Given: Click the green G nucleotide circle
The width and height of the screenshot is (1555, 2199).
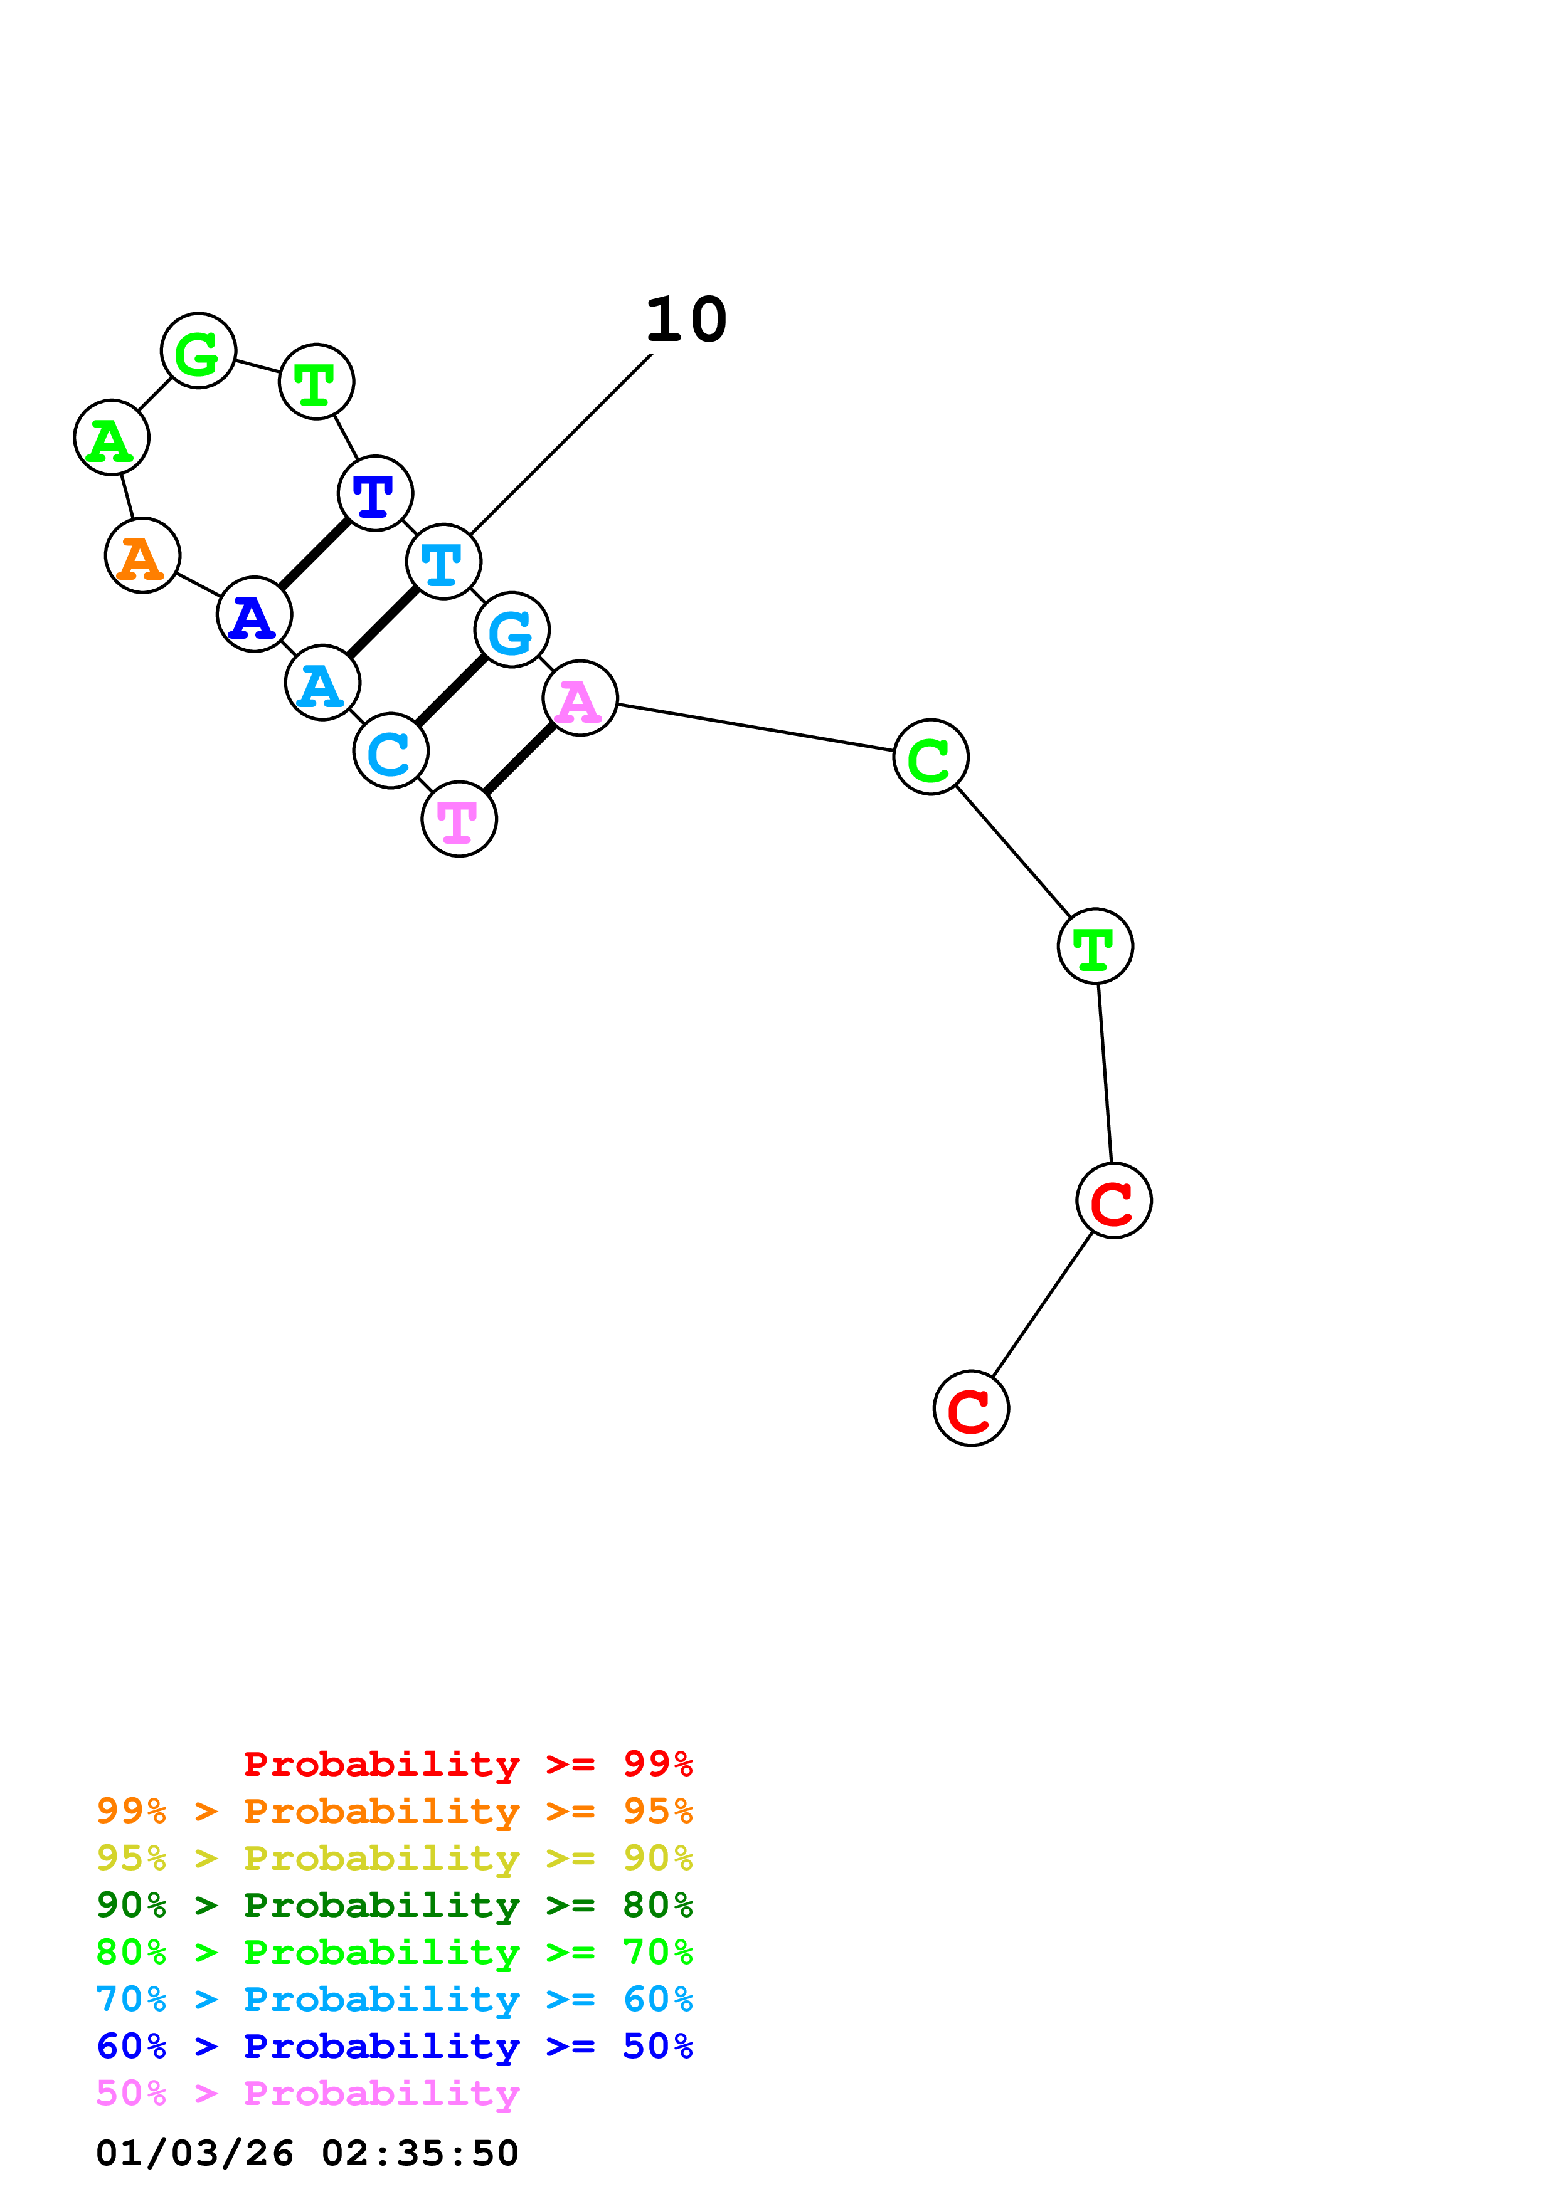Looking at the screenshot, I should pos(198,350).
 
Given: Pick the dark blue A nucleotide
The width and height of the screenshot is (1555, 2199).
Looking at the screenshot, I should pos(254,614).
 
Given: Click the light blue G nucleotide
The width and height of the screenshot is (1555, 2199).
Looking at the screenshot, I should pos(512,629).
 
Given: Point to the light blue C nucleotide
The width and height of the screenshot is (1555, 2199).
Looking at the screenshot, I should pos(391,751).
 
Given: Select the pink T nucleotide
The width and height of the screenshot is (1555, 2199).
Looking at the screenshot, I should pos(459,819).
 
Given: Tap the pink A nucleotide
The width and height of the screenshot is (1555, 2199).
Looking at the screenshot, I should pos(580,698).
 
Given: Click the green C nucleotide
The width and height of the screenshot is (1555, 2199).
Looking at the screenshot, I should pos(930,757).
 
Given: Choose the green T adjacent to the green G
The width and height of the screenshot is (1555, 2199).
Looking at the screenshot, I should pos(316,381).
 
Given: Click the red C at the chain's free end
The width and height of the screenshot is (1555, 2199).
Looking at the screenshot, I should pos(970,1408).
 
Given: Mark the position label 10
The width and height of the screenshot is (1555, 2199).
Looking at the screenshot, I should pos(686,320).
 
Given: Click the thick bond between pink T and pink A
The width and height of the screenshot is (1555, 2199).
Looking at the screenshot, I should pos(519,758).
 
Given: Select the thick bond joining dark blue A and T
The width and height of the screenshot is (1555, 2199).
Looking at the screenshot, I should pos(314,554).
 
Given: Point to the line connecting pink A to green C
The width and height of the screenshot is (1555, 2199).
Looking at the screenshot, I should pos(755,728).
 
